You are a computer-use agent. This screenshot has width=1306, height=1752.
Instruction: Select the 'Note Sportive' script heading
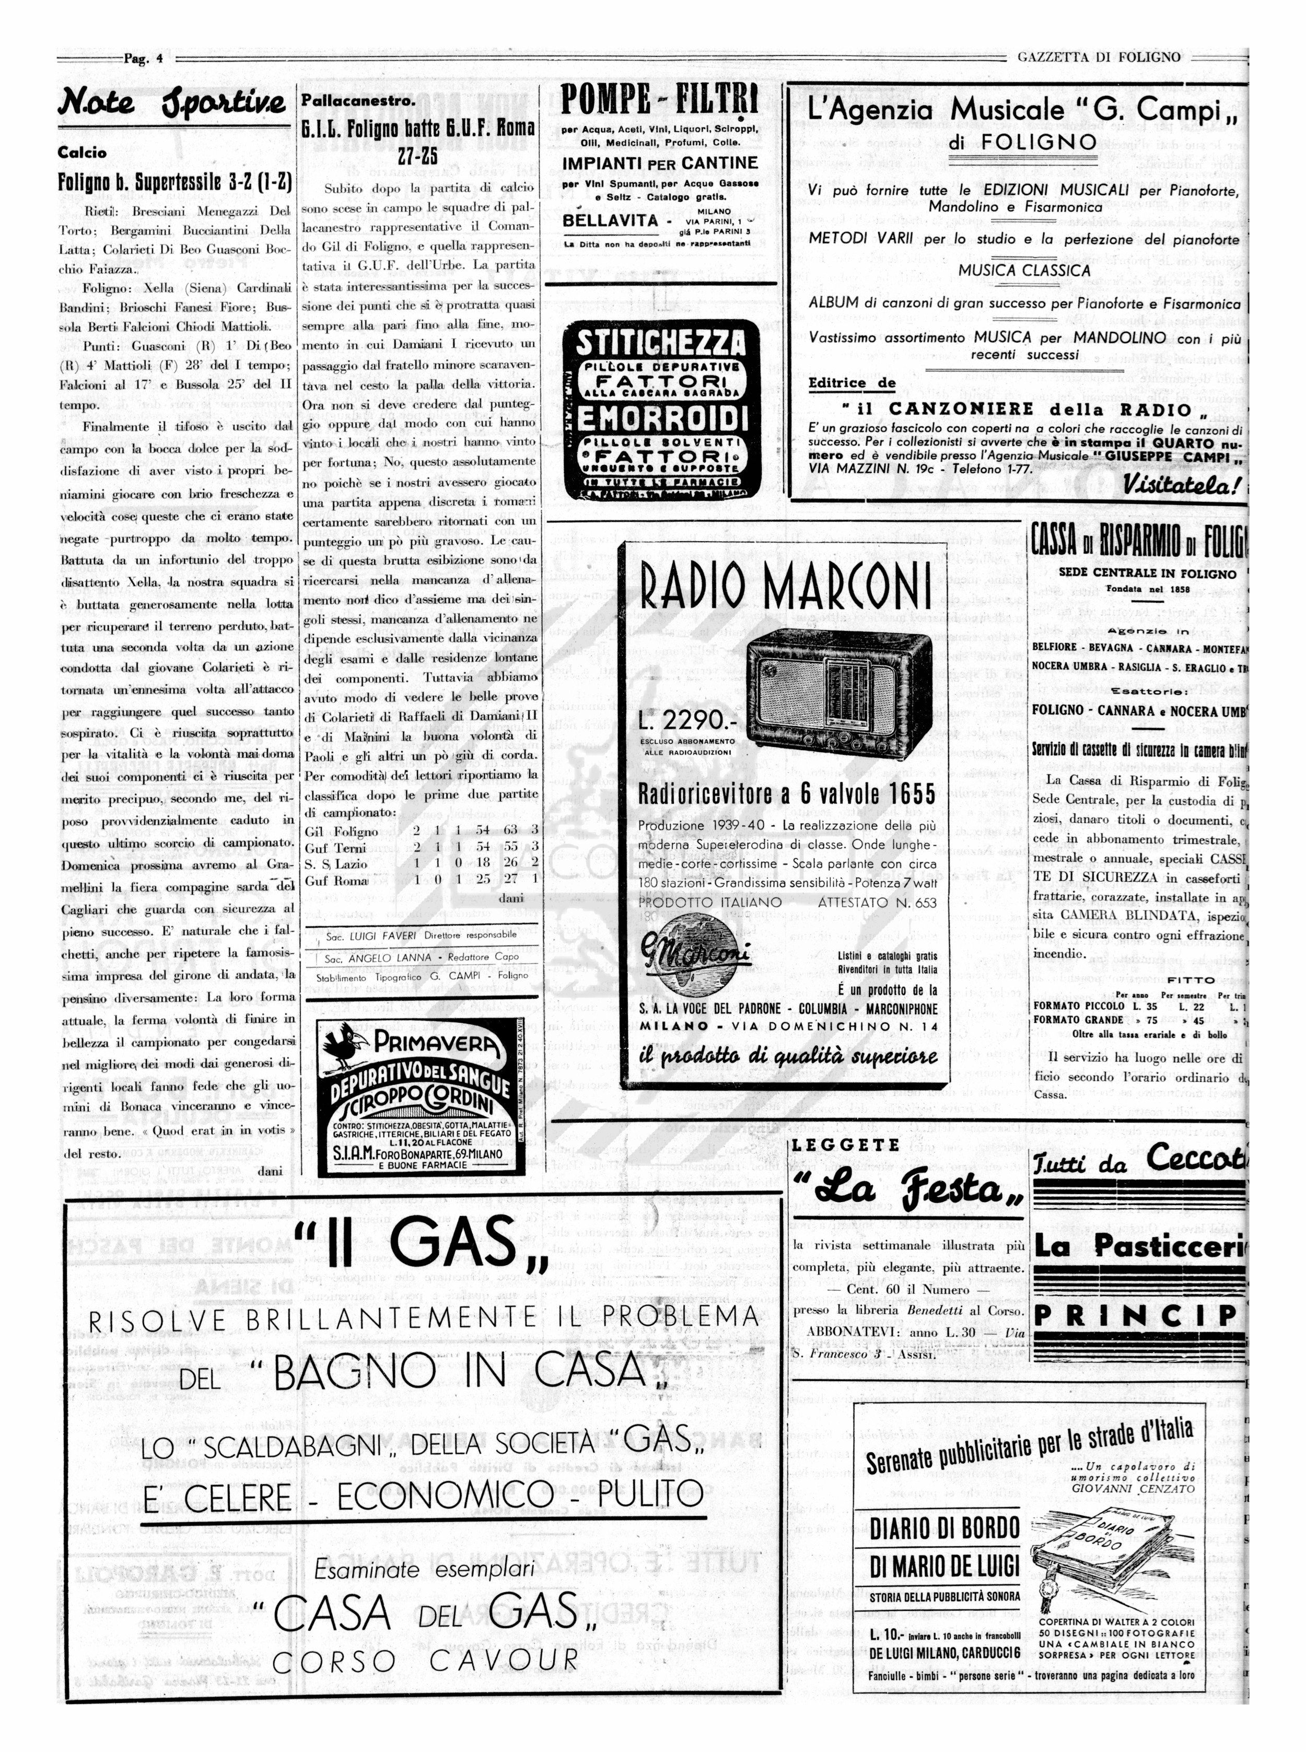(172, 103)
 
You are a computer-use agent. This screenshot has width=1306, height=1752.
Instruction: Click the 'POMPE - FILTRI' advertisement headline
(659, 100)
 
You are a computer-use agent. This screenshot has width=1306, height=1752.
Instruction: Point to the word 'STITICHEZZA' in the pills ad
(660, 344)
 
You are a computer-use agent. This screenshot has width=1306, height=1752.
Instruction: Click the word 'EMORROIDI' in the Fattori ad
(660, 417)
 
